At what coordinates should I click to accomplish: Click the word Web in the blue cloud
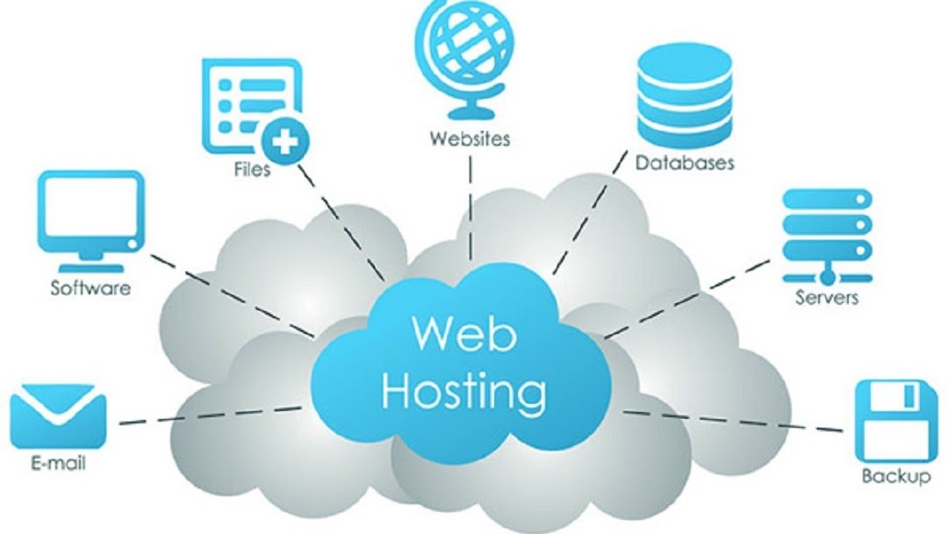coord(463,333)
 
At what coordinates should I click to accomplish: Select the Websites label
coord(470,138)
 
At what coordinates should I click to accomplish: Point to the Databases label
coord(685,162)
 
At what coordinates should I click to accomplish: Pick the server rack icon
coord(826,227)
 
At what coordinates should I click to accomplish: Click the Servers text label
coord(827,297)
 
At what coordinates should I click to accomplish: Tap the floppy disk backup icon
coord(894,421)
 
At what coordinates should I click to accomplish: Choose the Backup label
coord(895,477)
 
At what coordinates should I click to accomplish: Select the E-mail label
coord(58,464)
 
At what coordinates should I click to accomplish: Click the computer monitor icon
coord(90,215)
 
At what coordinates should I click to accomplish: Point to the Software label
coord(90,287)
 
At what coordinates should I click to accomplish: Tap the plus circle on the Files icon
coord(284,139)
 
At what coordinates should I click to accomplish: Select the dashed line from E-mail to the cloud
coord(211,415)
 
